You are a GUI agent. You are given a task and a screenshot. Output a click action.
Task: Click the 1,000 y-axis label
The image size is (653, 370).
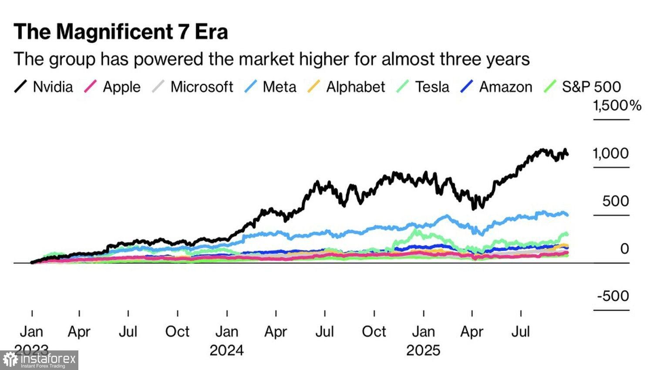tap(611, 153)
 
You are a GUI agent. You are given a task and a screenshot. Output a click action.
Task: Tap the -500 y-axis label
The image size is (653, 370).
tap(613, 296)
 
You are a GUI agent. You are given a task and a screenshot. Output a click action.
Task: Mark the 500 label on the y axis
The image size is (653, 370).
tap(616, 201)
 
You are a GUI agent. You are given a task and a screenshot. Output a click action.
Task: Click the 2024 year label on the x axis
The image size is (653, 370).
tap(226, 350)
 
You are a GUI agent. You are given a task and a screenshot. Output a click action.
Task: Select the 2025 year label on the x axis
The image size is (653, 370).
tap(423, 350)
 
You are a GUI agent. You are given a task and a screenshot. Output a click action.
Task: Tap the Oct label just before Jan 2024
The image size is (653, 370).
tap(177, 332)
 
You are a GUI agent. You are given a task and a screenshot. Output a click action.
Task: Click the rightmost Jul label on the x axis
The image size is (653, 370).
tap(521, 332)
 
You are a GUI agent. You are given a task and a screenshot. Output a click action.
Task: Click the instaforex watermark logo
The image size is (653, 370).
tap(39, 360)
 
